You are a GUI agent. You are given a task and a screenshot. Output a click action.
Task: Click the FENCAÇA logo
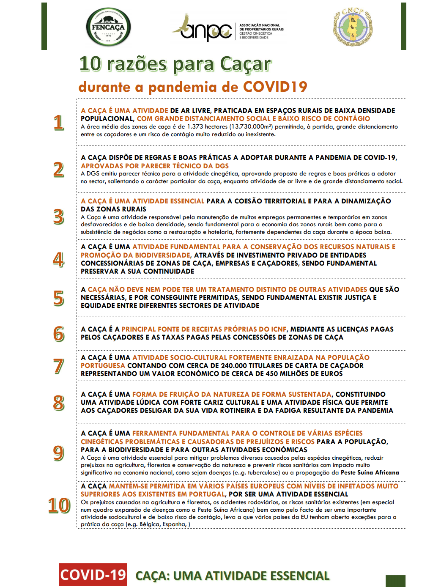(108, 27)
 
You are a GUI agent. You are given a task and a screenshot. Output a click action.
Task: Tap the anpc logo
(203, 28)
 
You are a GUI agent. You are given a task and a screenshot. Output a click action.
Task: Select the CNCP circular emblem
(353, 27)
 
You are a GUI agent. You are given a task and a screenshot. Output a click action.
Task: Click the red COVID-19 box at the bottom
(93, 575)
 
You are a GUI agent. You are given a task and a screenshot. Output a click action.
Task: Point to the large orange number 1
(59, 123)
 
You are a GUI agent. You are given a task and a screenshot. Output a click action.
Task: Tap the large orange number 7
(59, 366)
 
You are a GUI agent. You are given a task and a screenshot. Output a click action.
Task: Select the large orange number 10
(59, 505)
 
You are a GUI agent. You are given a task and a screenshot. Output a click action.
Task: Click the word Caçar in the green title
(245, 64)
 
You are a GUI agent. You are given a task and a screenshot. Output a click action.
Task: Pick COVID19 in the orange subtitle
(275, 87)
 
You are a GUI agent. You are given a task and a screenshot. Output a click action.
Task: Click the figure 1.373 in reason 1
(195, 126)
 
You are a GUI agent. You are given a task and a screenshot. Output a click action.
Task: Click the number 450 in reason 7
(273, 373)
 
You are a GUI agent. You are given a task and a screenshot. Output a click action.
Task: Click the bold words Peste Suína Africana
(370, 472)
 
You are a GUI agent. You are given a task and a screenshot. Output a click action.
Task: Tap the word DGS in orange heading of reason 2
(222, 166)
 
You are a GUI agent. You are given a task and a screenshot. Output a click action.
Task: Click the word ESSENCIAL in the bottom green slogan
(300, 576)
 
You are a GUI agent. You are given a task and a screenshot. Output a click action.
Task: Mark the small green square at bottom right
(395, 581)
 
